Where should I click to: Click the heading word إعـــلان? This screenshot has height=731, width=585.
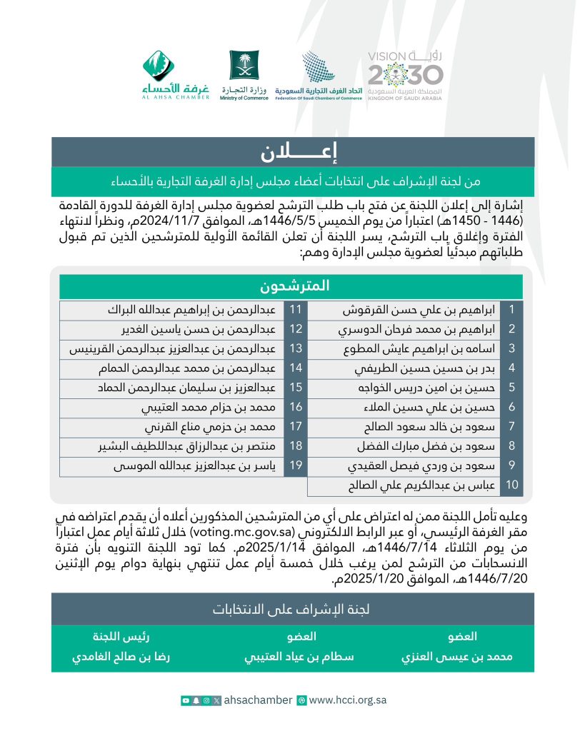(x=292, y=152)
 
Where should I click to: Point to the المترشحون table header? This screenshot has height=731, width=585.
(x=291, y=286)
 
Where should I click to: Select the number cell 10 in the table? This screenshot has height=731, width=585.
(x=511, y=486)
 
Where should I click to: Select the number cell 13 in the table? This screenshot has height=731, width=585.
(x=295, y=349)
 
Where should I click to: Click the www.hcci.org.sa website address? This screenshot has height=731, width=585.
(x=347, y=700)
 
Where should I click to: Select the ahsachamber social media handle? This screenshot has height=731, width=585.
(x=258, y=700)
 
